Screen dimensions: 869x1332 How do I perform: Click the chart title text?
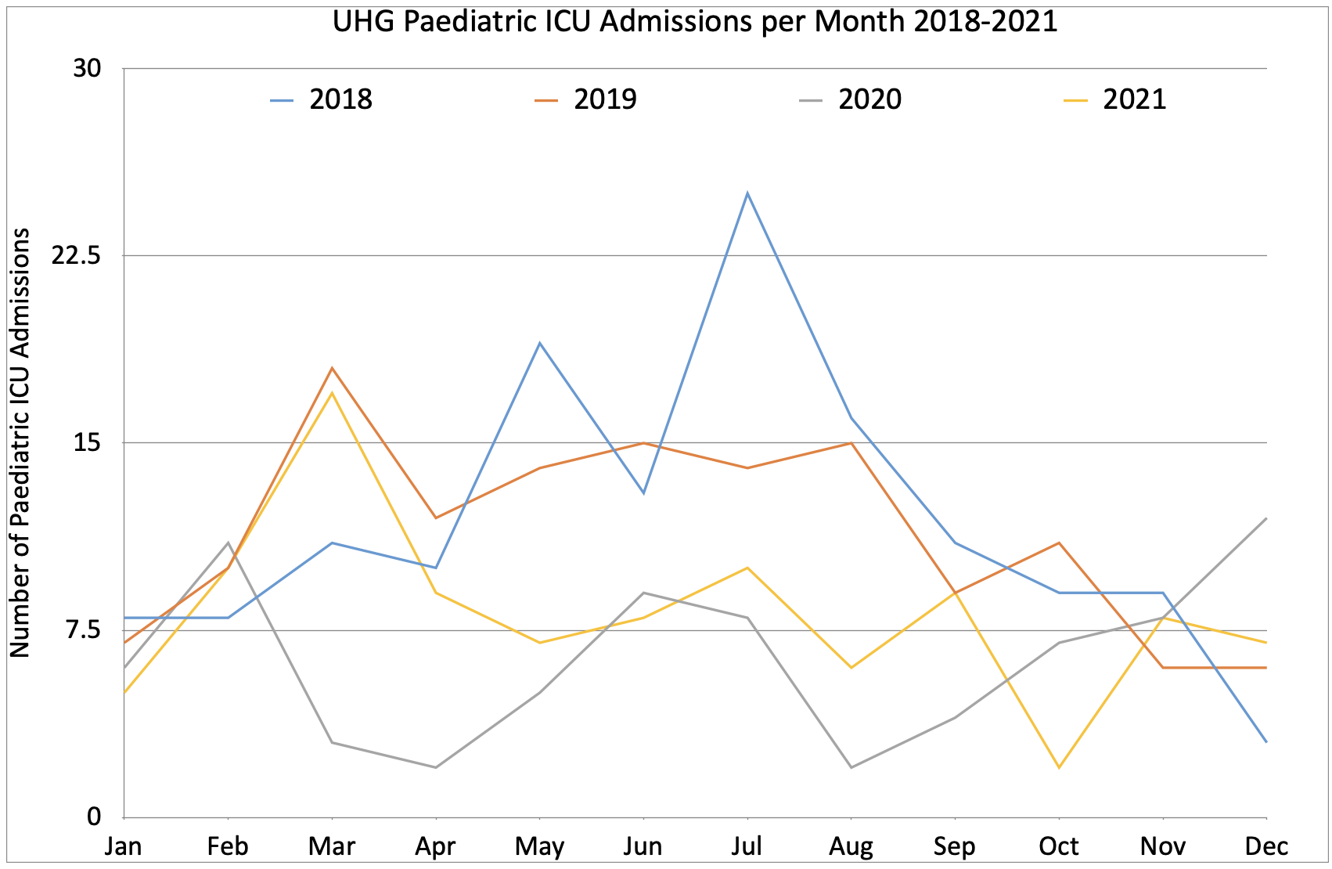coord(695,21)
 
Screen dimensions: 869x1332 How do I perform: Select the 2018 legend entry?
coord(340,99)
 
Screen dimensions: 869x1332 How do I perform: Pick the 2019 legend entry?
coord(605,99)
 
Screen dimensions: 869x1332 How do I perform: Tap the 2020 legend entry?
coord(869,99)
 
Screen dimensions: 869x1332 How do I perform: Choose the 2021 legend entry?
coord(1134,99)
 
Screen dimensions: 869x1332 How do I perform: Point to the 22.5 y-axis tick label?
coord(77,255)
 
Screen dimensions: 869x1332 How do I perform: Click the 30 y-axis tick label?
coord(88,68)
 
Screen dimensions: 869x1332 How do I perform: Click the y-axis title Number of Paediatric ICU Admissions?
coord(20,442)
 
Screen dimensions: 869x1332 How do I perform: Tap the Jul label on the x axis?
coord(747,846)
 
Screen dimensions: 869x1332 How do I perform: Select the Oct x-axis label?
coord(1058,846)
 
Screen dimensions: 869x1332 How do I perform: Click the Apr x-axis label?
coord(435,846)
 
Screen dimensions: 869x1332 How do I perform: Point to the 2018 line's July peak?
coord(747,193)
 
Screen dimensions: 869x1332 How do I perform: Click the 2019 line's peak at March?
coord(332,368)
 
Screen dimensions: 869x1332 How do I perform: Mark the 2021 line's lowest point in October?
coord(1059,767)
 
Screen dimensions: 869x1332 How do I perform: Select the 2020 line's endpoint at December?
coord(1265,518)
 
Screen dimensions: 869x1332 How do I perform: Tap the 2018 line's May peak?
coord(539,343)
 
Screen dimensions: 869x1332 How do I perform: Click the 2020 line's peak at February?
coord(228,543)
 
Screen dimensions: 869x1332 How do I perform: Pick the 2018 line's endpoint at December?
coord(1265,742)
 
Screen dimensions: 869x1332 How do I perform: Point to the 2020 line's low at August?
coord(851,767)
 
